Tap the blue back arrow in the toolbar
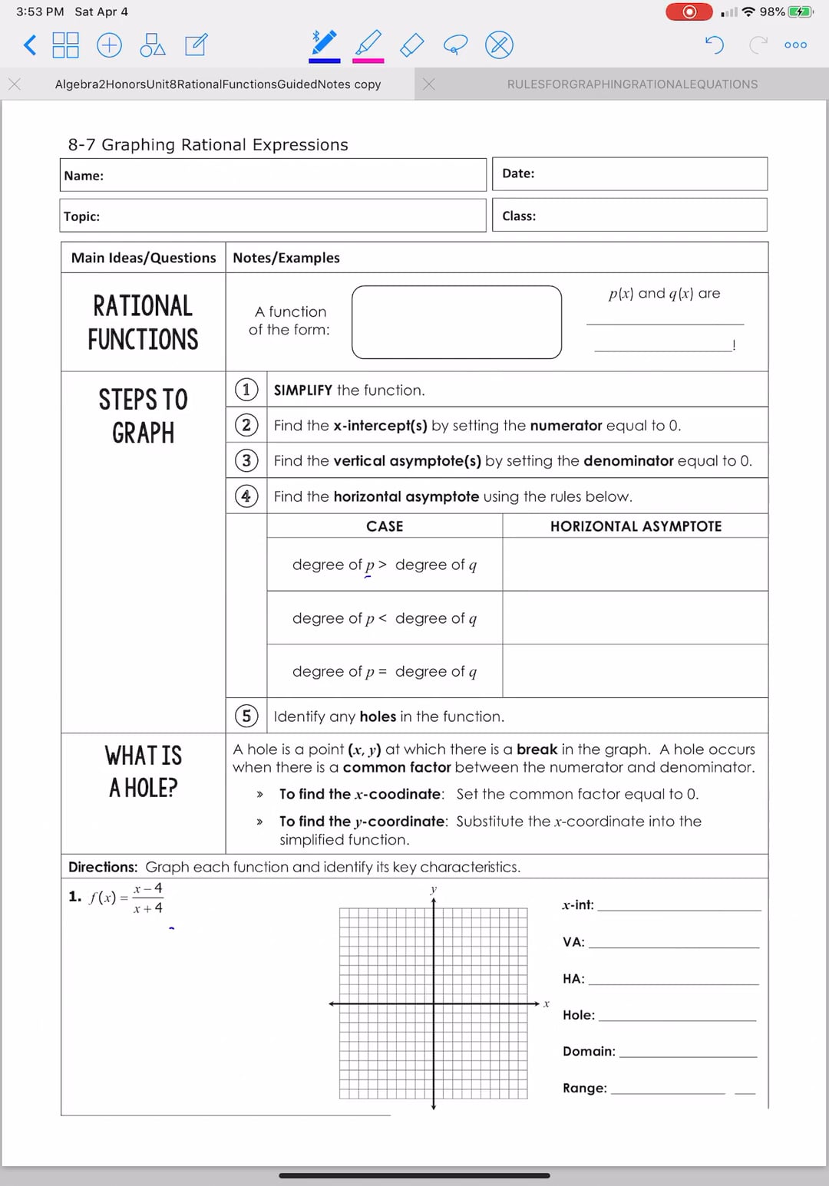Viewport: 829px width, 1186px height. click(29, 45)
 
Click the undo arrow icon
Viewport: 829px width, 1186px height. click(714, 45)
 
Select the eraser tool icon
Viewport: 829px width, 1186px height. click(412, 45)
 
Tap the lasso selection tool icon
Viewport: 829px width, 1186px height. click(454, 45)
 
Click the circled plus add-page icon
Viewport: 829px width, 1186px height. click(109, 45)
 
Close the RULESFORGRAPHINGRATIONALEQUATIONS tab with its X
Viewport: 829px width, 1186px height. click(429, 84)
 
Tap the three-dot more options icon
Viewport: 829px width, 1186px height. click(795, 45)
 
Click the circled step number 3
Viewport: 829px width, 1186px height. click(246, 460)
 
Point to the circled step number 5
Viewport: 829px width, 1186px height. click(246, 716)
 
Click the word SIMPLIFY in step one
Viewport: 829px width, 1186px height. click(302, 390)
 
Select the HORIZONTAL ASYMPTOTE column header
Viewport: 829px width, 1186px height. click(636, 526)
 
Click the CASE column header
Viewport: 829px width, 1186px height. click(385, 526)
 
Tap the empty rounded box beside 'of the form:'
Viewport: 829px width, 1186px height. click(457, 322)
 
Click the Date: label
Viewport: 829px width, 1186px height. click(518, 173)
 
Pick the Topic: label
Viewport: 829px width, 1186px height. click(81, 216)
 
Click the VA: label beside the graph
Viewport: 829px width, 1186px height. click(573, 942)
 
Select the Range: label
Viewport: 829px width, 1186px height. click(584, 1088)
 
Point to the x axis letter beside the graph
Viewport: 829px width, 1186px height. click(547, 1003)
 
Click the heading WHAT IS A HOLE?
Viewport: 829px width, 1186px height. click(144, 771)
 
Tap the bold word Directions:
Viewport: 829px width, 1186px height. click(103, 867)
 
